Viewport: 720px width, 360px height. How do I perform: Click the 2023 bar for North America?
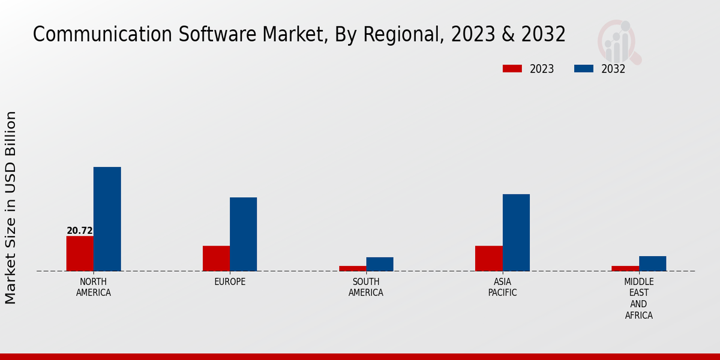[80, 253]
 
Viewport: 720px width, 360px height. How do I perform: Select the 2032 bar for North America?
[107, 219]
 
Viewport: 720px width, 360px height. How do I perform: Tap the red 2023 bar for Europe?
[216, 258]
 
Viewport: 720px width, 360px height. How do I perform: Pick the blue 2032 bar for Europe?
[243, 234]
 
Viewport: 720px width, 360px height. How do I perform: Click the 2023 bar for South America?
[352, 268]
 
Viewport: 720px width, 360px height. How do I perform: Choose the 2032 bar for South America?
[380, 264]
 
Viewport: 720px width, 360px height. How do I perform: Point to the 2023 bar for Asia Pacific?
[488, 258]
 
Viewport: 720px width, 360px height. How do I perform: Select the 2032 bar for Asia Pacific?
[516, 232]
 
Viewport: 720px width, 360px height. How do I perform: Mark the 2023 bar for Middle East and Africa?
[625, 268]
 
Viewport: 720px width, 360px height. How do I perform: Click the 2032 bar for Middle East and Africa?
[652, 263]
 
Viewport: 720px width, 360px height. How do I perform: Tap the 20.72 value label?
[80, 231]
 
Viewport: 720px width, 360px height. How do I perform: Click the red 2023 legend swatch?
[512, 68]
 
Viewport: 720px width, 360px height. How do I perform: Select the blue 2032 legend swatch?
[583, 68]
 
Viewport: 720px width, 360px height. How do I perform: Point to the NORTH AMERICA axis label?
[94, 287]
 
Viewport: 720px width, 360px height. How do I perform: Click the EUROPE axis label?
[230, 282]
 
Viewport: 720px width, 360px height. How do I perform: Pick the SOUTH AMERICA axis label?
[366, 287]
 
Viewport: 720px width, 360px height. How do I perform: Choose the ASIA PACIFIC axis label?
[502, 287]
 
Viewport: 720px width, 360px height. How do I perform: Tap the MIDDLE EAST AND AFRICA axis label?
[639, 298]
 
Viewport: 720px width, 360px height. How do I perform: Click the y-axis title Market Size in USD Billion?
[11, 207]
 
